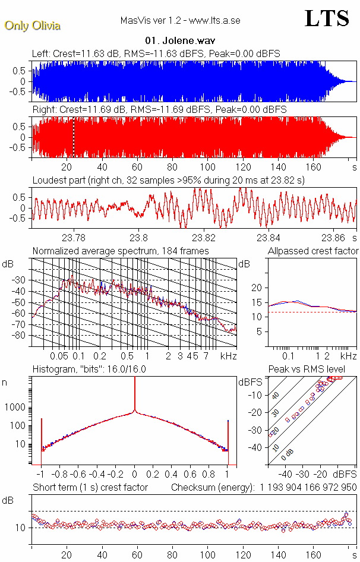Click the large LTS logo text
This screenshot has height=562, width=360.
pyautogui.click(x=326, y=18)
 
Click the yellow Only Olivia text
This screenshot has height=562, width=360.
pyautogui.click(x=32, y=26)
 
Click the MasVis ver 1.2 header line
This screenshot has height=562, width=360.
pyautogui.click(x=180, y=21)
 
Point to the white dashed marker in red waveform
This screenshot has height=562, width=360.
pyautogui.click(x=74, y=137)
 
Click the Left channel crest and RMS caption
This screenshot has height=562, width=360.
pyautogui.click(x=156, y=54)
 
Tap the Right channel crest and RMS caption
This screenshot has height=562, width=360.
pyautogui.click(x=159, y=110)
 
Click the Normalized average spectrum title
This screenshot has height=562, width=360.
pyautogui.click(x=120, y=251)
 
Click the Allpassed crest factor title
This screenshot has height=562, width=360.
pyautogui.click(x=313, y=251)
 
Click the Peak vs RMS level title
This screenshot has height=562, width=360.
pyautogui.click(x=315, y=370)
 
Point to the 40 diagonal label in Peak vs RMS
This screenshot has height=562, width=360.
pyautogui.click(x=274, y=395)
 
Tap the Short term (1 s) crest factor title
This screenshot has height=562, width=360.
pyautogui.click(x=90, y=488)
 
